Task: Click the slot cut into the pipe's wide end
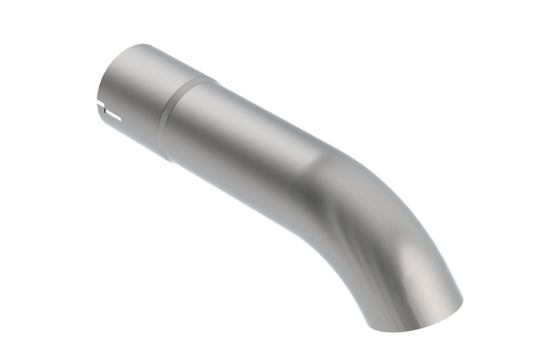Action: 108,107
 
